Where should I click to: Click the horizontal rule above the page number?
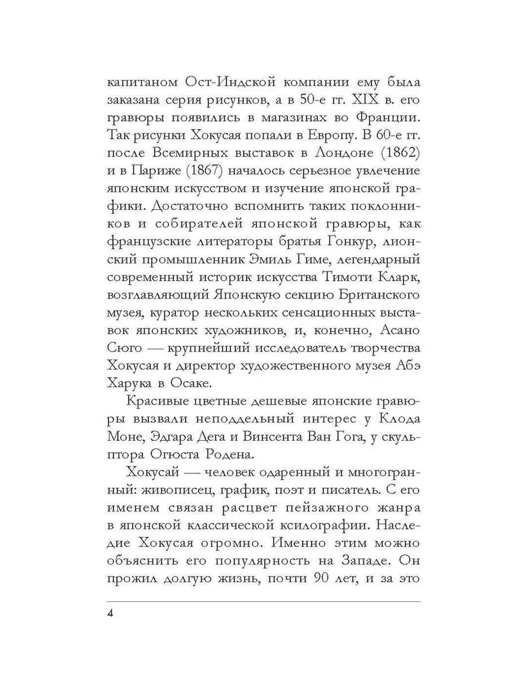point(263,601)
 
